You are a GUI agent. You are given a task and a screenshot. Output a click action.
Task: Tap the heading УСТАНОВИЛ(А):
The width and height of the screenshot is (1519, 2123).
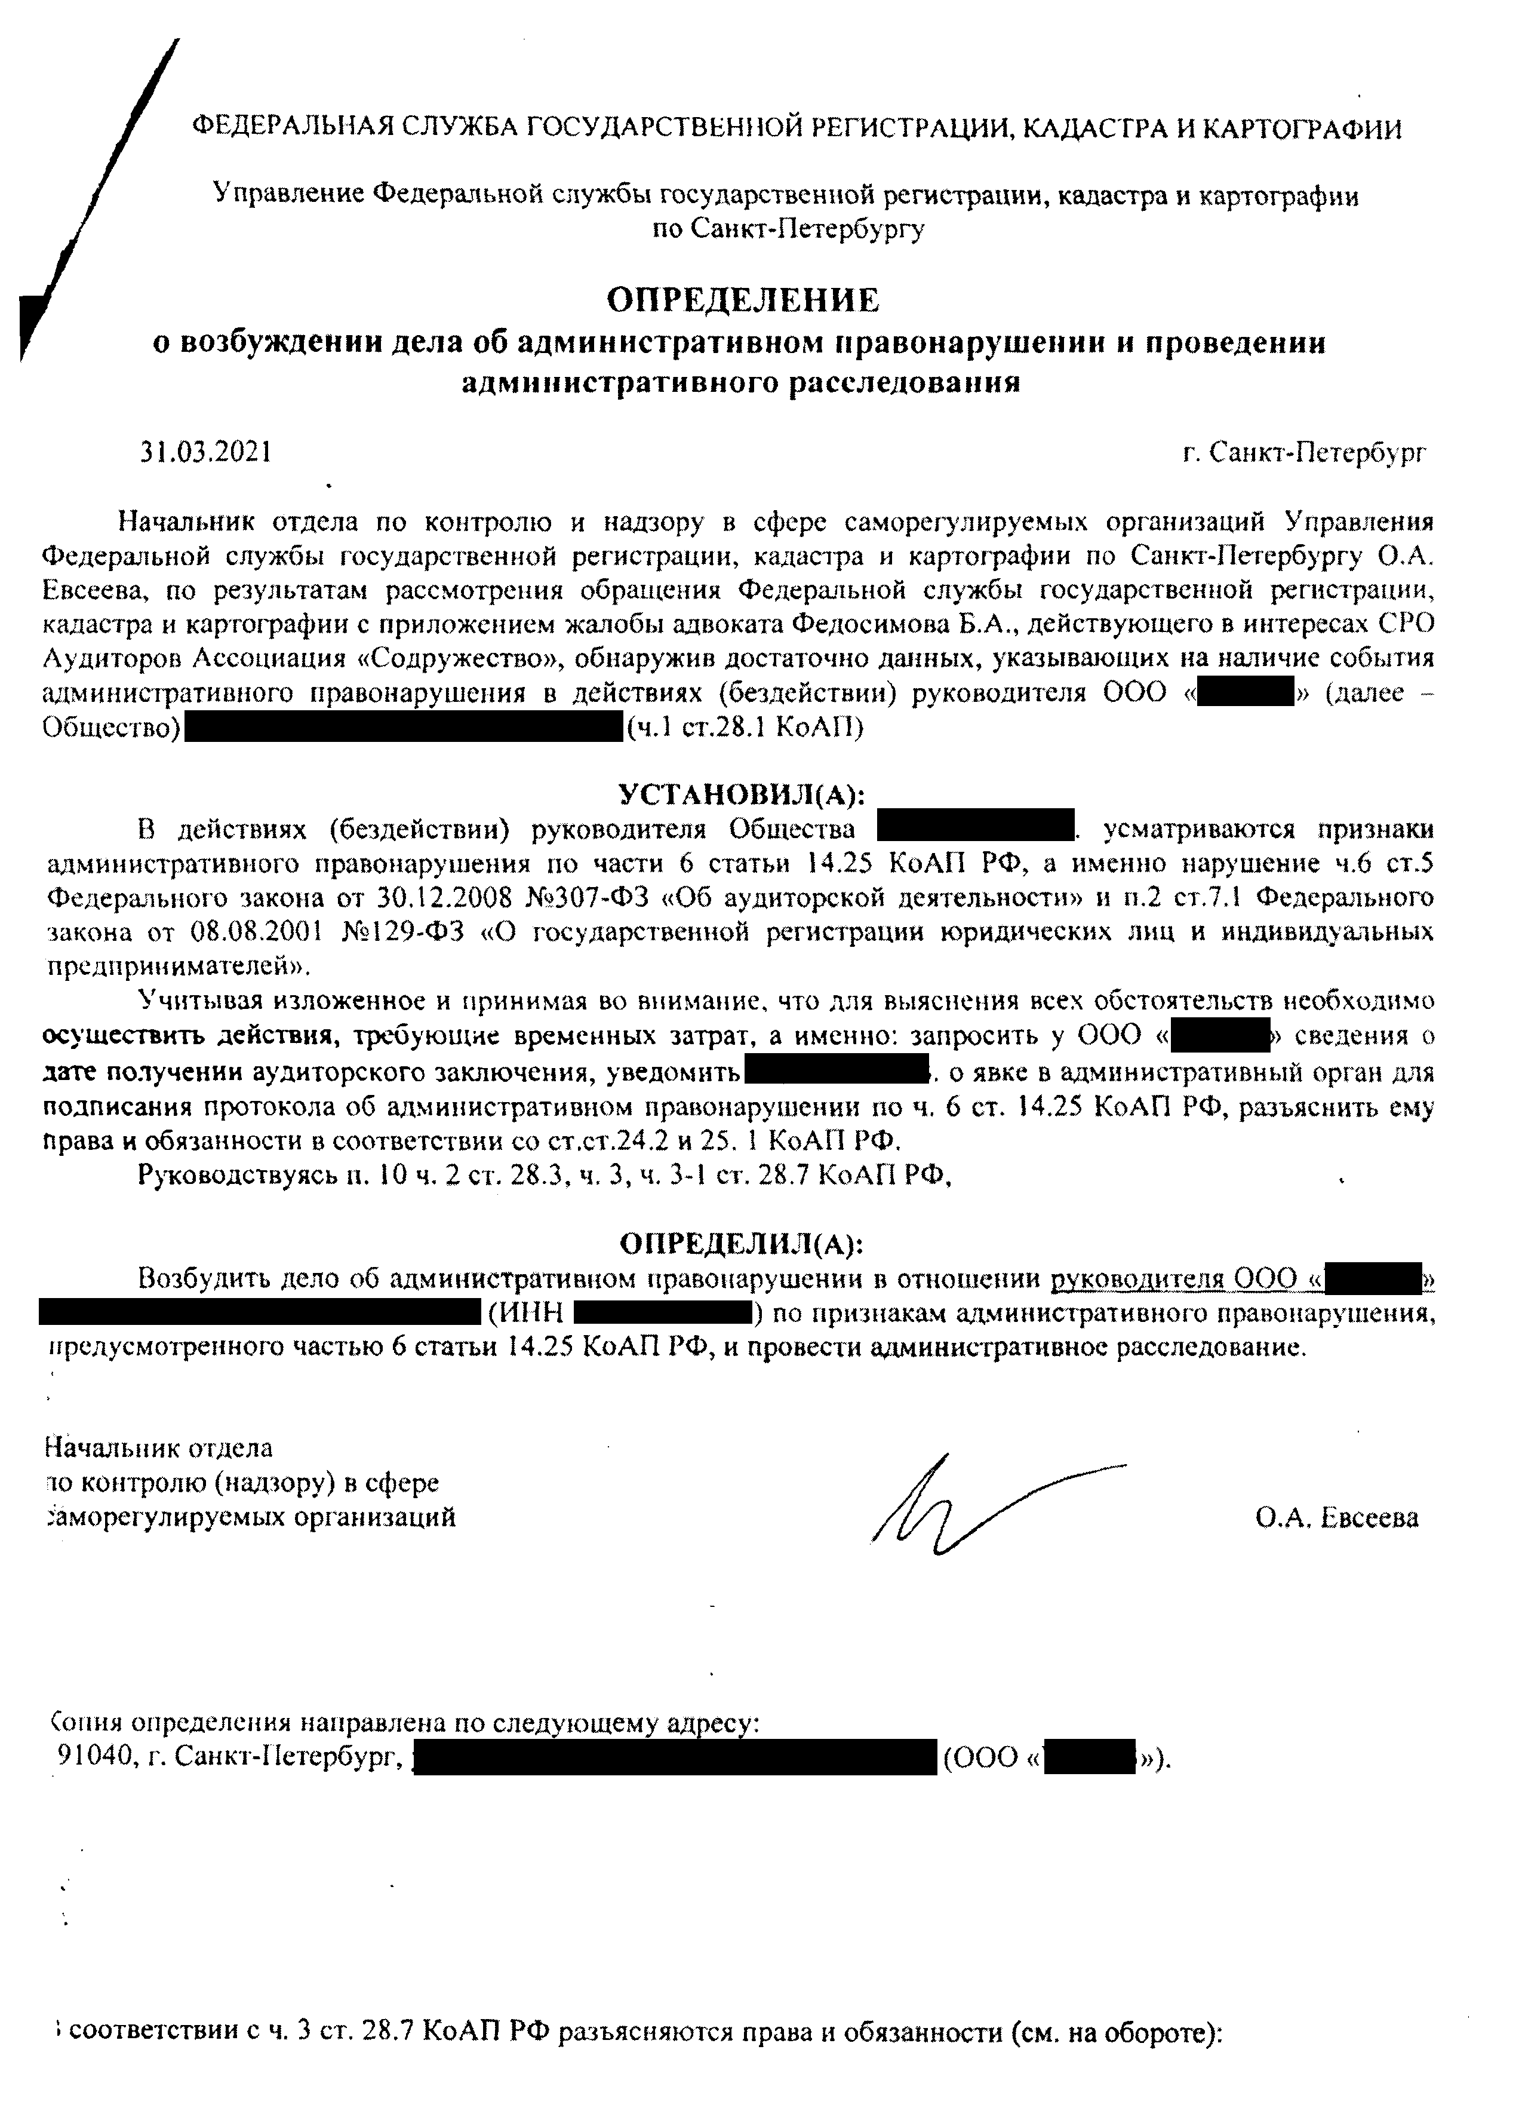pyautogui.click(x=742, y=794)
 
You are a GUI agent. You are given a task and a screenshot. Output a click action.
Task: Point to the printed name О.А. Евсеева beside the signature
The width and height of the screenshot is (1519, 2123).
pyautogui.click(x=1337, y=1518)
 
